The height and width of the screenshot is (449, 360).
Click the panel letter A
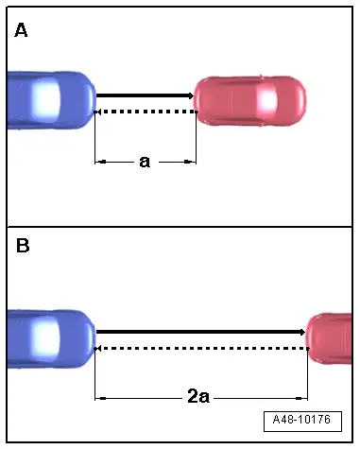pyautogui.click(x=21, y=30)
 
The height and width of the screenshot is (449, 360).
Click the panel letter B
pyautogui.click(x=22, y=247)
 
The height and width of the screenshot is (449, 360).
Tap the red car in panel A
pyautogui.click(x=250, y=98)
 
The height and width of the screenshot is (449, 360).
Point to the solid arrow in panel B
pyautogui.click(x=198, y=333)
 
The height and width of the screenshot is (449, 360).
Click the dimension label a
pyautogui.click(x=145, y=162)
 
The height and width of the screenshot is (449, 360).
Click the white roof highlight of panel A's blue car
pyautogui.click(x=43, y=97)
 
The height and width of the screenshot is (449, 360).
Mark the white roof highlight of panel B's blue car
pyautogui.click(x=43, y=337)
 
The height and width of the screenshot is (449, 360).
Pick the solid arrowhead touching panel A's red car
pyautogui.click(x=189, y=95)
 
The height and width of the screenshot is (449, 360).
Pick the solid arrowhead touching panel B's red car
pyautogui.click(x=301, y=333)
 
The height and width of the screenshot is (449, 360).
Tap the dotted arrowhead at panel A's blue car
pyautogui.click(x=98, y=112)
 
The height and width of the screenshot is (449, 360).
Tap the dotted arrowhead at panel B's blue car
pyautogui.click(x=98, y=349)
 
